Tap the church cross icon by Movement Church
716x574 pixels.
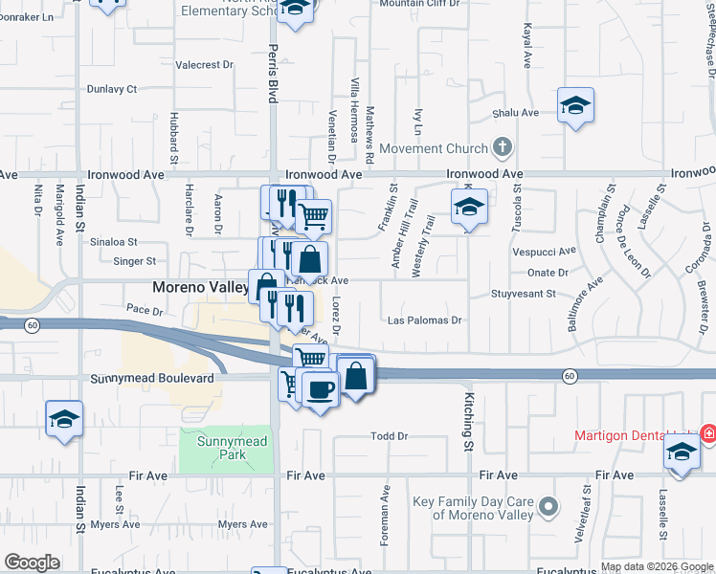pos(501,147)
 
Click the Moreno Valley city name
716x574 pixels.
pos(201,287)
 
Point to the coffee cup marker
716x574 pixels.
pos(320,388)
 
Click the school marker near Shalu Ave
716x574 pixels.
pos(575,106)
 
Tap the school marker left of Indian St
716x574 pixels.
pos(65,419)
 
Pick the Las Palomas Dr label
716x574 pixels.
pos(426,320)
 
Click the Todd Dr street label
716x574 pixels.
pos(390,436)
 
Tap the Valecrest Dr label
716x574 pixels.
pos(205,65)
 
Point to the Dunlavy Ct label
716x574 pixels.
pos(112,89)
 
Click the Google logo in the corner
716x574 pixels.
pos(32,563)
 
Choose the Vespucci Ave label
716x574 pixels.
pos(545,251)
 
